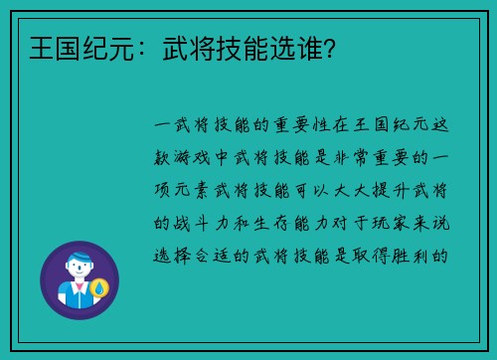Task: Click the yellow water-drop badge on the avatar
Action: coord(98,289)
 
